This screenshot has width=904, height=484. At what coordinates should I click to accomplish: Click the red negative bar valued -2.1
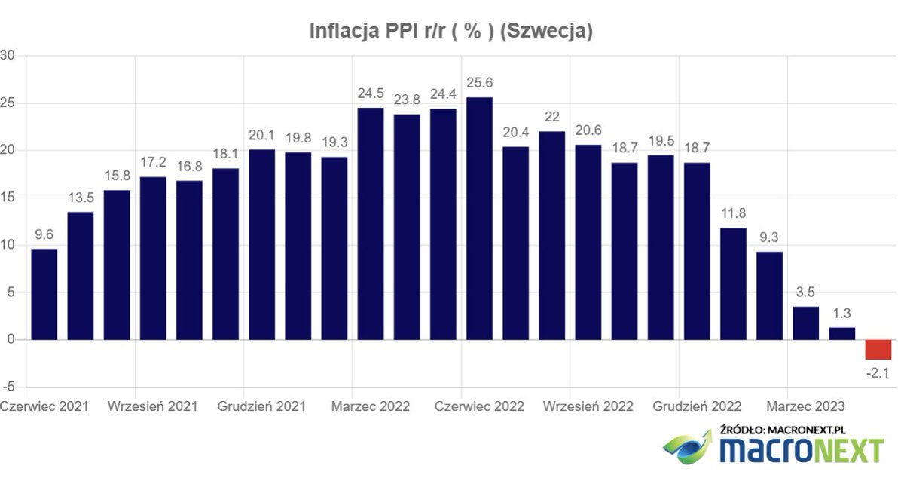878,350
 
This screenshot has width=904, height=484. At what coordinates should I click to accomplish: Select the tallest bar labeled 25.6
479,219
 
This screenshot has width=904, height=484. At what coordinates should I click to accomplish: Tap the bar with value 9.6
44,294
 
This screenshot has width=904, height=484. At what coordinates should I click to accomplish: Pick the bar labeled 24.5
370,224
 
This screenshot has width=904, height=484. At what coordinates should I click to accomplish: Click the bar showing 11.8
733,283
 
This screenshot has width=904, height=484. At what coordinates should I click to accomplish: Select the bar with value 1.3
841,333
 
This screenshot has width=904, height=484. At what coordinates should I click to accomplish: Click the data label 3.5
805,292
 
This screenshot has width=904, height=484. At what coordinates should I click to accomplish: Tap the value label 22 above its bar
551,117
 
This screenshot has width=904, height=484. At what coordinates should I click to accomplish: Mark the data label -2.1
878,372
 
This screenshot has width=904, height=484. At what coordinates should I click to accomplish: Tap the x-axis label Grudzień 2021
261,406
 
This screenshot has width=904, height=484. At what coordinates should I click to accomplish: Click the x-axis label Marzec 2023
805,406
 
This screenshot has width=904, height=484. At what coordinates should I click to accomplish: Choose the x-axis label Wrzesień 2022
588,406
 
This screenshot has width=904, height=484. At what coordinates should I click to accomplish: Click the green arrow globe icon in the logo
687,446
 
